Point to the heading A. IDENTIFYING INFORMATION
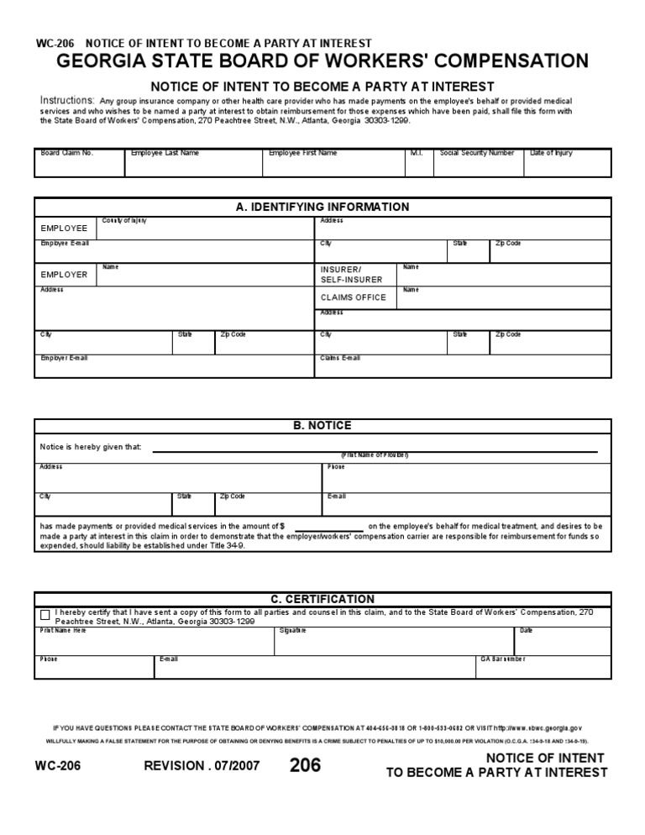[322, 207]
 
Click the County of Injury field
[205, 228]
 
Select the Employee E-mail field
[175, 252]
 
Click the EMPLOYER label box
[66, 275]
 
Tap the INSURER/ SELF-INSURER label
[351, 274]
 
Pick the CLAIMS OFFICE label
[353, 297]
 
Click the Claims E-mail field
[463, 367]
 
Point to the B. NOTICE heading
[322, 426]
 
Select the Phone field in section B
[466, 478]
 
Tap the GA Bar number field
[543, 668]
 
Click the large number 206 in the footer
[305, 765]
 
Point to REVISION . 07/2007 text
[202, 766]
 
